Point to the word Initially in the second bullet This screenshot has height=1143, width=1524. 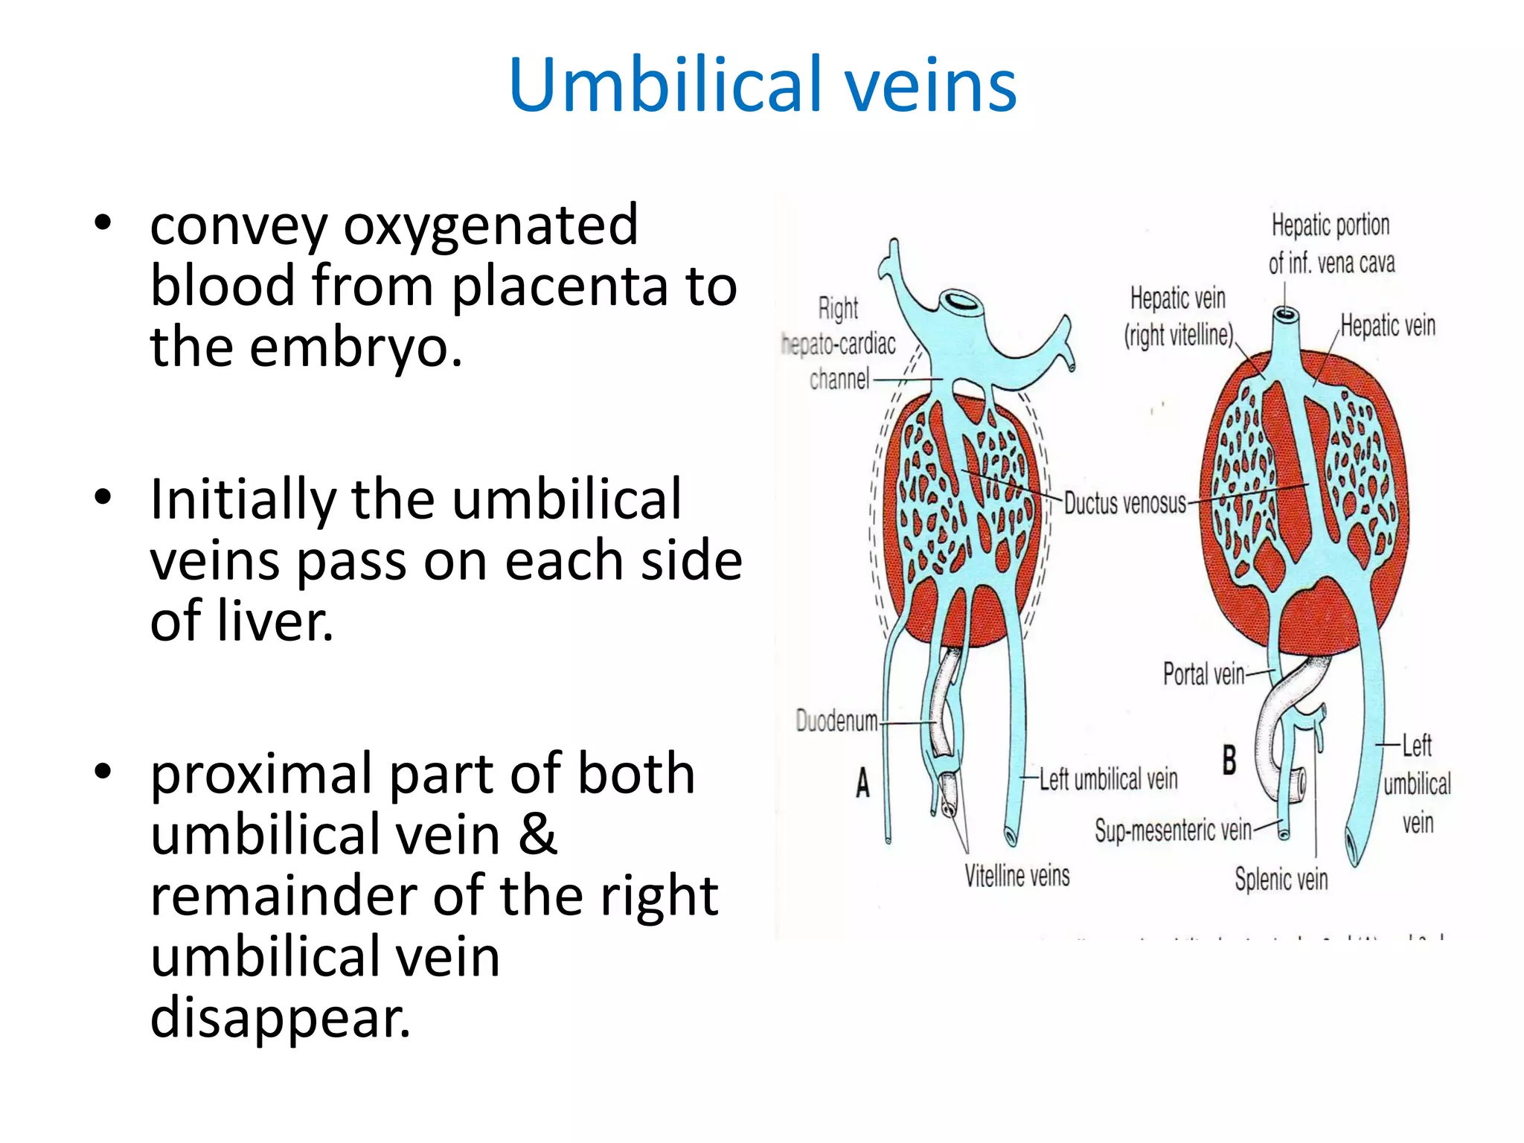click(242, 499)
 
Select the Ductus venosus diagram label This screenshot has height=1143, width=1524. click(1124, 504)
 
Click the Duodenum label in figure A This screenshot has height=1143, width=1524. click(836, 720)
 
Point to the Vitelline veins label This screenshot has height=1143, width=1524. click(1016, 875)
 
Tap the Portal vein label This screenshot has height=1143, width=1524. click(1203, 674)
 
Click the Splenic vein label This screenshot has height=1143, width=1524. click(1281, 879)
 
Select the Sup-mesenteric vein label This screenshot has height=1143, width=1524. click(1173, 830)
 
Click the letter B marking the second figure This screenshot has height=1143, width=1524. click(1229, 761)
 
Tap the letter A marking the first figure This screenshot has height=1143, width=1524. click(862, 783)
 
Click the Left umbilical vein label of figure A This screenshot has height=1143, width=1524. click(1108, 779)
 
